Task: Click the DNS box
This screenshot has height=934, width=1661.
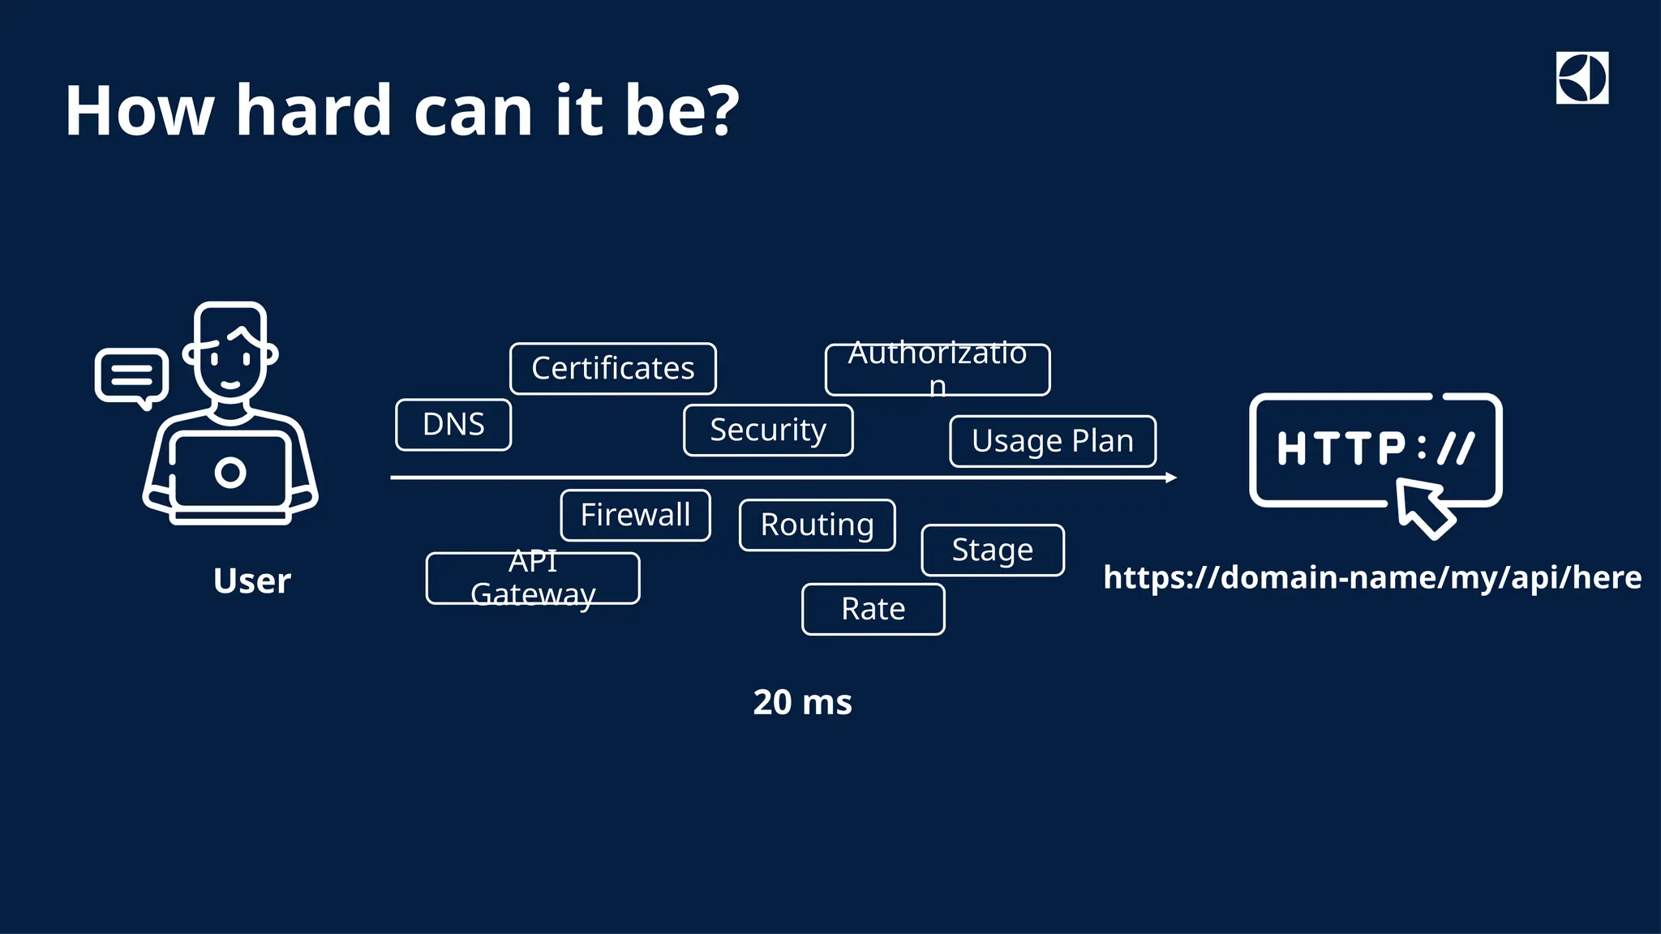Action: coord(453,425)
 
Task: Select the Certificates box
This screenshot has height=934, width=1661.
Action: coord(612,369)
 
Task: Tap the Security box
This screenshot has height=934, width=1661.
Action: coord(768,431)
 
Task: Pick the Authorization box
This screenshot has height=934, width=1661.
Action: coord(938,370)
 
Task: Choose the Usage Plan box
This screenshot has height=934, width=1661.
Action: coord(1053,442)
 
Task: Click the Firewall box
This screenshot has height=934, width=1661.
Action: coord(635,516)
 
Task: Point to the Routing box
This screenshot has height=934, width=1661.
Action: coord(817,525)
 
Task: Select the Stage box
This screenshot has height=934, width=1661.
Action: coord(993,551)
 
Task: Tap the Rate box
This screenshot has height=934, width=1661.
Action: coord(873,610)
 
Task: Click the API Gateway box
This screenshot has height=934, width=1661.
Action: coord(533,579)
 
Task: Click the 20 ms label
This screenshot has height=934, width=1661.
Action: coord(802,703)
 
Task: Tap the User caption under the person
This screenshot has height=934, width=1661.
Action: coord(251,581)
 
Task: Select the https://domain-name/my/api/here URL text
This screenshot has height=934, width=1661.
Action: coord(1372,578)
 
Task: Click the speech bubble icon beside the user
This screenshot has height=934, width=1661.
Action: coord(131,376)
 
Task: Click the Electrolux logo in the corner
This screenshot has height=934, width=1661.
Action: coord(1582,78)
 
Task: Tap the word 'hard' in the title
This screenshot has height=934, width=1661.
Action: coord(314,110)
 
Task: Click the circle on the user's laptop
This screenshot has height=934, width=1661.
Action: coord(230,473)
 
